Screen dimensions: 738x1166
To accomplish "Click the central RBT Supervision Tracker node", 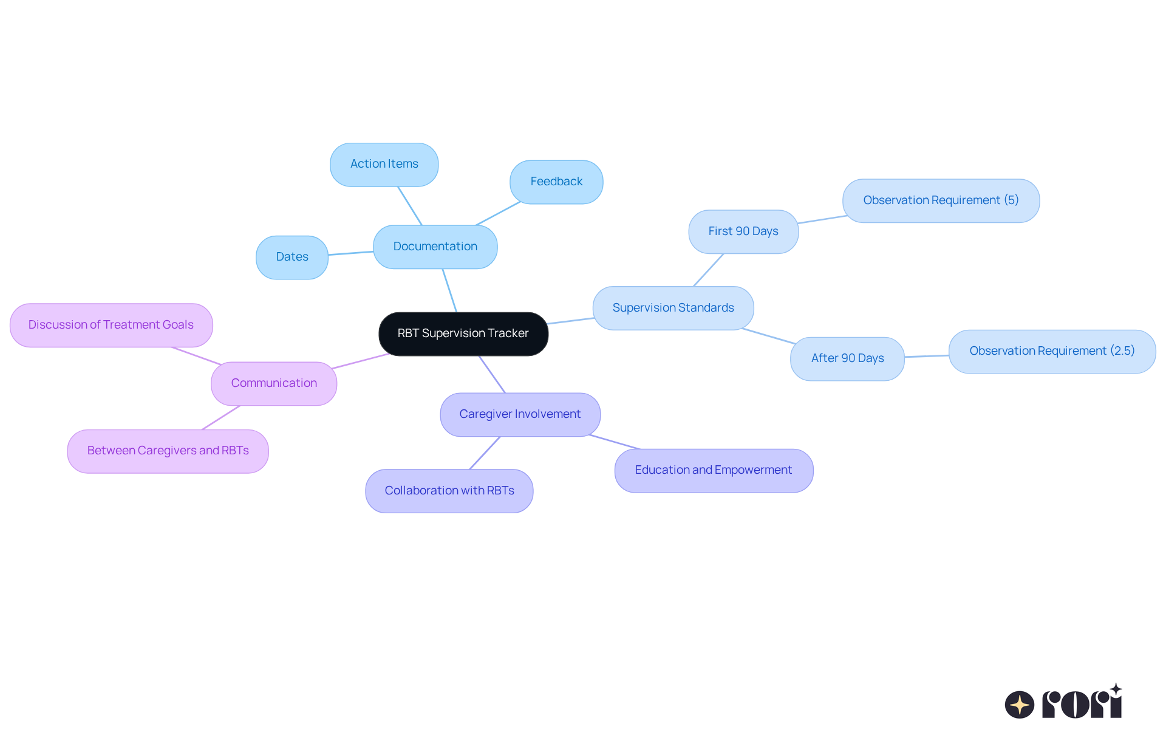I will click(x=463, y=333).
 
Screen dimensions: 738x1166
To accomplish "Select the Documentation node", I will click(x=435, y=247).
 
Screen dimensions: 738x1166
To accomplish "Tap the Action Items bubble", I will click(x=384, y=164).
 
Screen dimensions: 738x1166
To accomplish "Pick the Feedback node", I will click(x=556, y=182).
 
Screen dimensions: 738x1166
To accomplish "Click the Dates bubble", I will click(x=291, y=257).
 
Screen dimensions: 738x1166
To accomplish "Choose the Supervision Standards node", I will click(x=673, y=308).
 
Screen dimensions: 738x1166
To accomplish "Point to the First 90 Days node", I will click(x=743, y=231).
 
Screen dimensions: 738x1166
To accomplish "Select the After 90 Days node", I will click(x=847, y=358).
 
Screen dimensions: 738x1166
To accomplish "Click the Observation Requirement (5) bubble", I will click(x=940, y=200).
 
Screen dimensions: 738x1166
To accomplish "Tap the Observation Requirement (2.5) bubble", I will click(x=1051, y=351).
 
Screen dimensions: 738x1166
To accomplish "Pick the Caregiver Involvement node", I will click(x=520, y=414).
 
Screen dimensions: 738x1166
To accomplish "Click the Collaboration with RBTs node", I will click(x=449, y=491).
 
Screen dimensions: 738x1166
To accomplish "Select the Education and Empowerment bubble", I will click(x=713, y=470).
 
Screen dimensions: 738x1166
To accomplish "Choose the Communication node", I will click(x=273, y=383).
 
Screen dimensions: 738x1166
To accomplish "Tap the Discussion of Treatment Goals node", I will click(x=111, y=325).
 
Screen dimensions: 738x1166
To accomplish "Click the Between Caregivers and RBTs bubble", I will click(x=168, y=451).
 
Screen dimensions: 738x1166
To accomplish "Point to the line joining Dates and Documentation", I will click(x=350, y=253).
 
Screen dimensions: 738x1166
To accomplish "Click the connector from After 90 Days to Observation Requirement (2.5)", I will click(x=926, y=356).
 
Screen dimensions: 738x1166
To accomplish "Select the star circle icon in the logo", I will click(x=1019, y=705).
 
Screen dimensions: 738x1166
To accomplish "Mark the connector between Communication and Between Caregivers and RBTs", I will click(x=221, y=417).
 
